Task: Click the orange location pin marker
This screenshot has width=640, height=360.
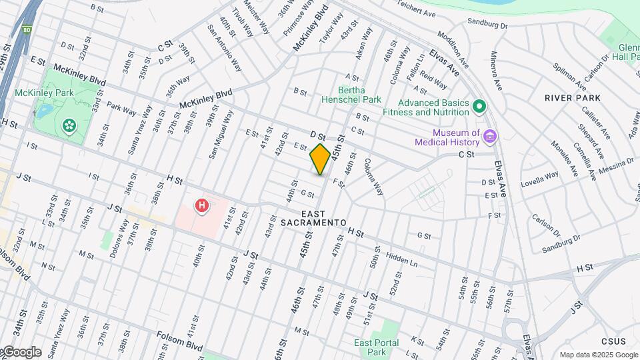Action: (320, 159)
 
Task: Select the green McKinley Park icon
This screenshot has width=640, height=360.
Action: (69, 125)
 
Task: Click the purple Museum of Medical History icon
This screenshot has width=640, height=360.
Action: (490, 137)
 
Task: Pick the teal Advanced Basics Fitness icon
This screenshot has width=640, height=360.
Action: (479, 107)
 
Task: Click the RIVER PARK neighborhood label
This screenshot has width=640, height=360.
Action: (573, 98)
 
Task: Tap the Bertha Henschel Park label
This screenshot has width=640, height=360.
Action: (359, 95)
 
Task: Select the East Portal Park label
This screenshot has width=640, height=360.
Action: (371, 347)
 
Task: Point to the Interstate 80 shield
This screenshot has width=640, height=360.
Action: (27, 30)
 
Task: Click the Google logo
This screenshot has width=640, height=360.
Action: (21, 352)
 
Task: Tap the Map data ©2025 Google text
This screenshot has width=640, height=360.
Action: (598, 355)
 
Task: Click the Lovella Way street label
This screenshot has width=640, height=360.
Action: (539, 177)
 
